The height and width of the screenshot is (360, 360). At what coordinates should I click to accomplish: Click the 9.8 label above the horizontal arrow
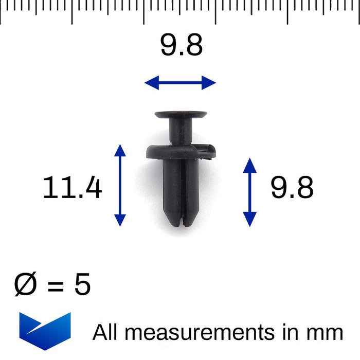181,46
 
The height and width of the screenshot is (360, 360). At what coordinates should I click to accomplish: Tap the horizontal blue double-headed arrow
180,82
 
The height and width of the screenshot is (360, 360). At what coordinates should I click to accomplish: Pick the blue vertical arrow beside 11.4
120,185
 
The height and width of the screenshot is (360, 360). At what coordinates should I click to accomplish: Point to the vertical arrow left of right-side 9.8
250,192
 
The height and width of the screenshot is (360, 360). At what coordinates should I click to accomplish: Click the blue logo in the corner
45,330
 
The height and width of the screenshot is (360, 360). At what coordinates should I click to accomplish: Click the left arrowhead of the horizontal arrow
151,82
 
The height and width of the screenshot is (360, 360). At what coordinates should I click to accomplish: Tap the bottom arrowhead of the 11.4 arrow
120,220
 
